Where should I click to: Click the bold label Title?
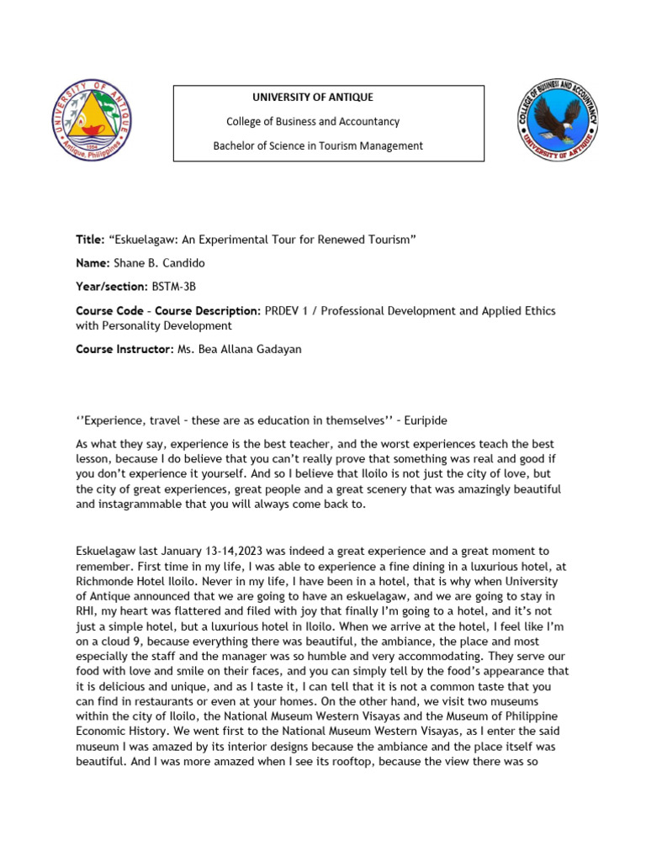click(89, 240)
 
